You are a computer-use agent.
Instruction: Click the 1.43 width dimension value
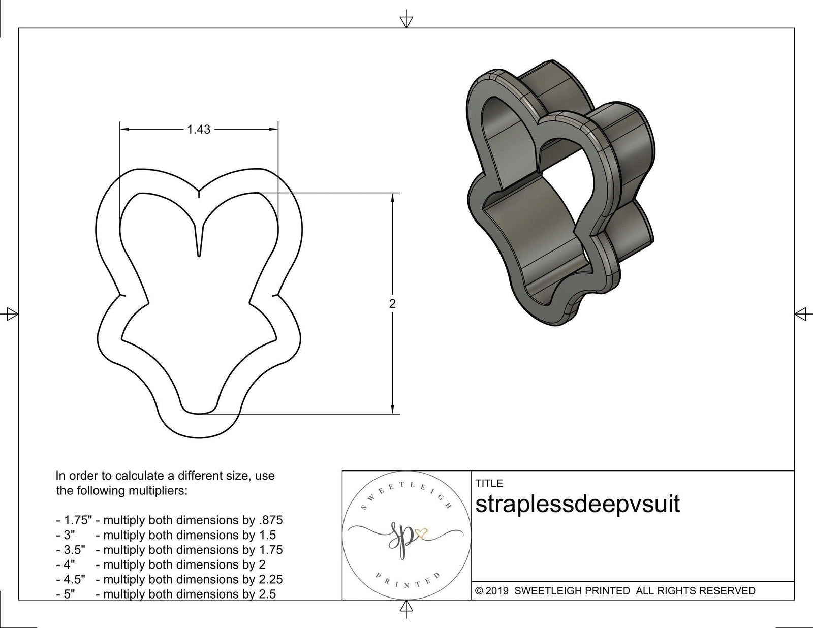click(199, 130)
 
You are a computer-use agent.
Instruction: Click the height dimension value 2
click(392, 304)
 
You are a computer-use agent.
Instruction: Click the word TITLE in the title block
click(489, 483)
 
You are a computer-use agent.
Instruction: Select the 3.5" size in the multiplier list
click(74, 550)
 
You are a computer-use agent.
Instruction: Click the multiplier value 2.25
click(269, 579)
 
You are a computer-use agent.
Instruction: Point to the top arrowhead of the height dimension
click(392, 197)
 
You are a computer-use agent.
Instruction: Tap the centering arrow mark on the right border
click(801, 314)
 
